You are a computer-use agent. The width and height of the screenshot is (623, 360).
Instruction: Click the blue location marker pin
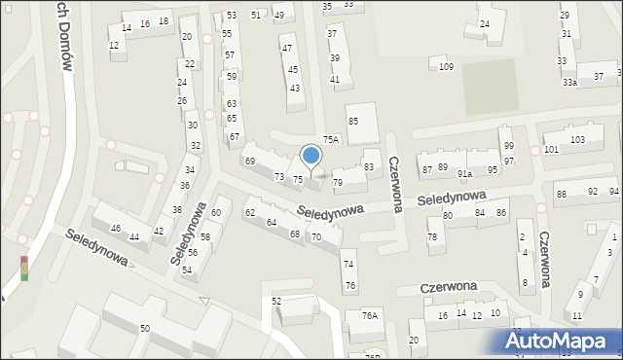point(311,157)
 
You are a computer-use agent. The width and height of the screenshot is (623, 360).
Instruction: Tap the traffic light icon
point(23,268)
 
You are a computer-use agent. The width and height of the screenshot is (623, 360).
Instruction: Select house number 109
point(446,66)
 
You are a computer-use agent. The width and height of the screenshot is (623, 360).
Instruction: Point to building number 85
point(353,121)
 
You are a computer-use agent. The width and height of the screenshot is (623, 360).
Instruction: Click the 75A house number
point(331,140)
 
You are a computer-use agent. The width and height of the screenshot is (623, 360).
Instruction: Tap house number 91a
point(465,174)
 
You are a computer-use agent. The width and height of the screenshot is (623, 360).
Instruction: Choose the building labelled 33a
point(569,83)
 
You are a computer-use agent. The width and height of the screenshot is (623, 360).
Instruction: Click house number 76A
point(369,314)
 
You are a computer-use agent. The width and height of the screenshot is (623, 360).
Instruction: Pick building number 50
point(144,329)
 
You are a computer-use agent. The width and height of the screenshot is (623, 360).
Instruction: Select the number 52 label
point(276,302)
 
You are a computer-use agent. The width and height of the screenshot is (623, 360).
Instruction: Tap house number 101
point(551,149)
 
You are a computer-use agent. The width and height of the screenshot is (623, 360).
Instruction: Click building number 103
point(577,140)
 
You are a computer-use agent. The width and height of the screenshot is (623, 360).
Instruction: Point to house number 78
point(432,237)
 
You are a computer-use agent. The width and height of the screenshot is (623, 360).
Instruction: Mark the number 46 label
point(116,229)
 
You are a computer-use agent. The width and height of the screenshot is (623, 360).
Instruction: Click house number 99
point(508,146)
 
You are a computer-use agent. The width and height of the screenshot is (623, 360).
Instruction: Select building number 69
point(249,161)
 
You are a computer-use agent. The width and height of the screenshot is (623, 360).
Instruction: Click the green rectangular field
point(488,85)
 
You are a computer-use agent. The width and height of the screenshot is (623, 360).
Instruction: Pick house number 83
point(369,167)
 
